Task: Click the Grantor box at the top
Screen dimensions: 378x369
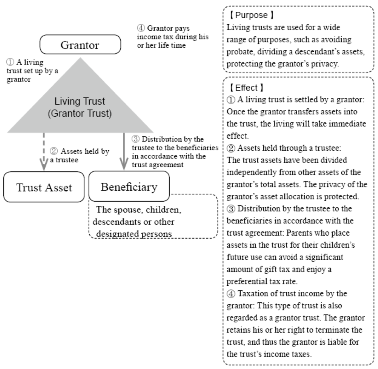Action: pos(80,44)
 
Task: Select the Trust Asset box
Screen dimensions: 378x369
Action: pos(44,187)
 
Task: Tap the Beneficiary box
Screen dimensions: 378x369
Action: pos(129,186)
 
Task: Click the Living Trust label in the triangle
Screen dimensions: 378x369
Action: pos(80,101)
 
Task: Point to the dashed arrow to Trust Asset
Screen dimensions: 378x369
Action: pos(44,152)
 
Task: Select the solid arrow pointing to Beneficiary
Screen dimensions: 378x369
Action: pos(124,151)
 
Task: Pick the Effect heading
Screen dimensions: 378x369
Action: pos(246,88)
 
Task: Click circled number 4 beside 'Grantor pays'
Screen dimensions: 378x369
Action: pos(141,28)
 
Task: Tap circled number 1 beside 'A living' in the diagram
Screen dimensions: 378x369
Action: pos(10,62)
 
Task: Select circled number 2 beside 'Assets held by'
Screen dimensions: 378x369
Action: pos(54,151)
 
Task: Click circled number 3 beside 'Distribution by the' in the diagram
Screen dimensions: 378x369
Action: pos(135,139)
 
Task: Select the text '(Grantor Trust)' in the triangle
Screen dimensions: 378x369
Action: pos(80,113)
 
